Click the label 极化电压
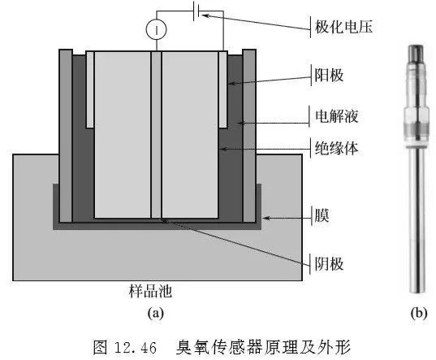click(343, 28)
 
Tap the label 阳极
click(329, 75)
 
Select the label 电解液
click(336, 116)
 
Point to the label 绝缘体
click(336, 149)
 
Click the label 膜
click(322, 215)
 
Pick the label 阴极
click(329, 264)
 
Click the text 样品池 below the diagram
click(150, 291)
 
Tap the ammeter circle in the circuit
click(156, 29)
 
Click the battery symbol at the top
click(196, 11)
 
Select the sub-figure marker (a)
click(155, 314)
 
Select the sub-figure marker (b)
click(419, 314)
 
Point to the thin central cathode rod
click(156, 135)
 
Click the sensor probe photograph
click(417, 169)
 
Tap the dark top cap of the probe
click(416, 53)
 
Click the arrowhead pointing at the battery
click(205, 15)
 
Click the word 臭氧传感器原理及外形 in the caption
click(264, 347)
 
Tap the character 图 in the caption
click(101, 347)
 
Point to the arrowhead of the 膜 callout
click(265, 218)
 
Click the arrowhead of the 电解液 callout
click(240, 123)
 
